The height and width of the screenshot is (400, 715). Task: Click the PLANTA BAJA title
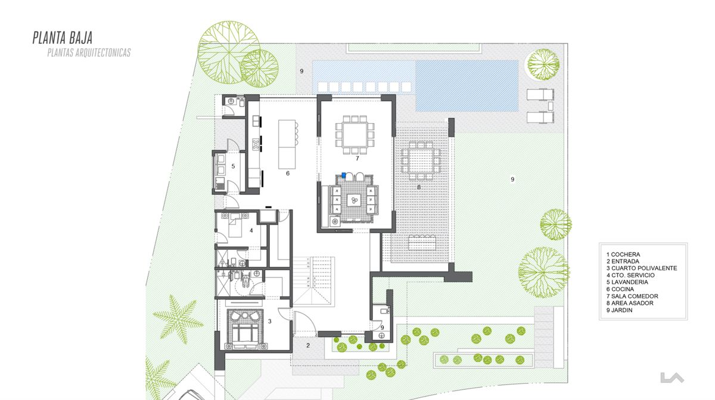63,37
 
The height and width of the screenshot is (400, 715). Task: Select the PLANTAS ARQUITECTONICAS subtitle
89,52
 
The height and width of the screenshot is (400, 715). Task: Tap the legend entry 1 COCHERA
623,255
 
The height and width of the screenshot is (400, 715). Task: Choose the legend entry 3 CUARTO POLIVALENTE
642,268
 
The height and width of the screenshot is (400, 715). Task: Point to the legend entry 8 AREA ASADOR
630,303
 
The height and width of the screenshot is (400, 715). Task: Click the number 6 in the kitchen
288,173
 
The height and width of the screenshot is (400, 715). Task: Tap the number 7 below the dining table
357,158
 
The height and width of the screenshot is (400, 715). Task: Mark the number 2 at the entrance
308,345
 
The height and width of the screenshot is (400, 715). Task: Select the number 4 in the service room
251,230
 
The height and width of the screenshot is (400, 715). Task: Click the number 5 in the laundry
233,166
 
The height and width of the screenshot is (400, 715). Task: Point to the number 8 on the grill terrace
419,187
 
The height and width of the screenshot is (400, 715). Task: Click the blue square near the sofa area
344,175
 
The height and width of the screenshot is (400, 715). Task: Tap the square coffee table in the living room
354,201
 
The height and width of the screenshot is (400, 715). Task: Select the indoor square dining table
355,135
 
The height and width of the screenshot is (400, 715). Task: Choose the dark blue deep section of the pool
467,86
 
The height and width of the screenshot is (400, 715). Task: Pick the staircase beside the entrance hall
314,282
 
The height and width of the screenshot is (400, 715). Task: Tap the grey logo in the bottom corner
672,377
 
